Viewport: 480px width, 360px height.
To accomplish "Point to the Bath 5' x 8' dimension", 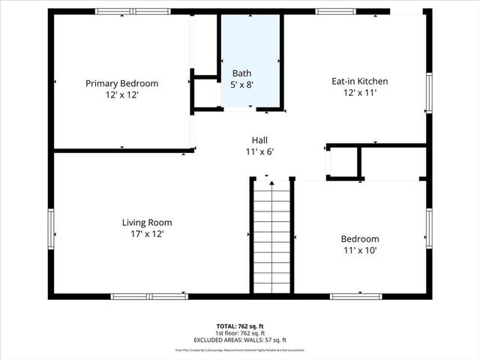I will click(241, 85).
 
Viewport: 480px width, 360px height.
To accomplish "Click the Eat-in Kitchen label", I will click(360, 81).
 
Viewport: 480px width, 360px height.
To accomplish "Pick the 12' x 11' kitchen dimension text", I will click(360, 93).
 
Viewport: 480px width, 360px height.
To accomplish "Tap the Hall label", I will click(259, 140).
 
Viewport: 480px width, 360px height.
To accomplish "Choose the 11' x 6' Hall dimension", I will click(259, 152).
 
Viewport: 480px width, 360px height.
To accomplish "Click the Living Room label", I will click(147, 223).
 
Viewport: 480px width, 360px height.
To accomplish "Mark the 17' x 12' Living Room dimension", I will click(147, 235).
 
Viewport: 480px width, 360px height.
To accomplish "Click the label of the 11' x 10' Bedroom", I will click(361, 239).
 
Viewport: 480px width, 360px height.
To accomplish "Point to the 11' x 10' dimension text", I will click(361, 251).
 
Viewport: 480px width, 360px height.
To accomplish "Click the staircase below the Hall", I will click(270, 236).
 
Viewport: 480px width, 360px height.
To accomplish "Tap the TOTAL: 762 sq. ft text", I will click(240, 326).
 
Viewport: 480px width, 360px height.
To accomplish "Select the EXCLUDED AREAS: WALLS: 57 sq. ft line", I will click(240, 340).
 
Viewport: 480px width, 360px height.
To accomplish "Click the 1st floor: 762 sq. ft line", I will click(240, 333).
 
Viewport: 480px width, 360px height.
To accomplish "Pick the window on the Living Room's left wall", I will click(52, 232).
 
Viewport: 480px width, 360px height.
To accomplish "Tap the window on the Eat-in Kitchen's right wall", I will click(429, 91).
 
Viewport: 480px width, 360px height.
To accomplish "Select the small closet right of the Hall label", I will click(343, 161).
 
